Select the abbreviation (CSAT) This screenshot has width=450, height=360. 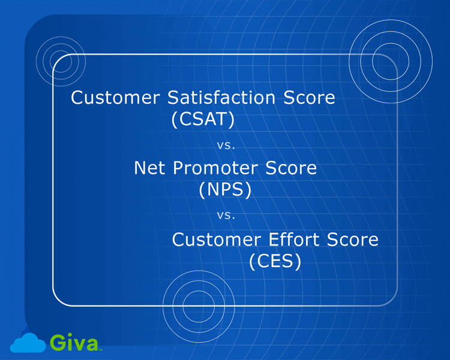point(202,120)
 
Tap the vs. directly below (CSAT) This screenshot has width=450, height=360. point(225,145)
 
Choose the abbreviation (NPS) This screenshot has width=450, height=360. point(224,190)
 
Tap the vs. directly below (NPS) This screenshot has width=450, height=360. point(225,214)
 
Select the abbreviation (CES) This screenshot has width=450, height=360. point(275,262)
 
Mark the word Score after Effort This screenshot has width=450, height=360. point(353,239)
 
